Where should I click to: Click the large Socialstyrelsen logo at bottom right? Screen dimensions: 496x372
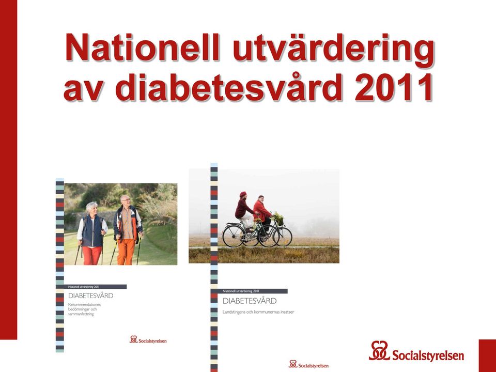pyautogui.click(x=416, y=351)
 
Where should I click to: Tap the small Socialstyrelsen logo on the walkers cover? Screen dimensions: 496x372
pyautogui.click(x=148, y=340)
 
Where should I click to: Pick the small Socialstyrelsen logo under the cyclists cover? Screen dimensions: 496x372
pyautogui.click(x=308, y=364)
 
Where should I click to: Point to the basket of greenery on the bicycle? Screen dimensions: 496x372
pyautogui.click(x=278, y=219)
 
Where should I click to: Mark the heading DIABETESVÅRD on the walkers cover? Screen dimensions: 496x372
pyautogui.click(x=91, y=296)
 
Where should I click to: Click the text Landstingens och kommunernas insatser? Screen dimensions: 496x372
pyautogui.click(x=258, y=312)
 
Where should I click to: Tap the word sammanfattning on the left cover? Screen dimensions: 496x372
pyautogui.click(x=81, y=314)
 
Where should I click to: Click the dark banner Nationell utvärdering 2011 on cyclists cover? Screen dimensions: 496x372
pyautogui.click(x=249, y=291)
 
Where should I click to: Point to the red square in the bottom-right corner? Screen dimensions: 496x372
pyautogui.click(x=487, y=356)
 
